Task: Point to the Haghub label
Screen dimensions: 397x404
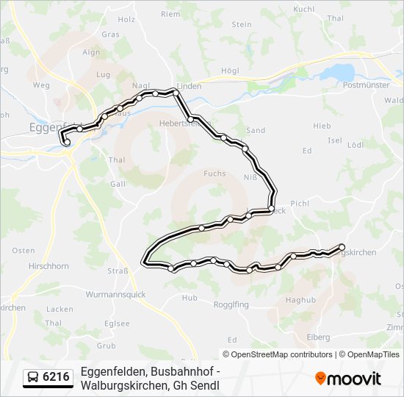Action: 300,300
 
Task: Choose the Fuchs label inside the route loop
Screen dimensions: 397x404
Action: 214,174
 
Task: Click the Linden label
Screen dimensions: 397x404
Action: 190,86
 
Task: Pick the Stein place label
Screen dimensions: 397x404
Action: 242,24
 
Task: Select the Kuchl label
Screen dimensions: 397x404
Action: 303,9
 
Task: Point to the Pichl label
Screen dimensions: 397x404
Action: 300,203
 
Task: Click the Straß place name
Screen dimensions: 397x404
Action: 119,271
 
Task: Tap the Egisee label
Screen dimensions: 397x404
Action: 118,323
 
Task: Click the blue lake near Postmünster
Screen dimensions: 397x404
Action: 336,72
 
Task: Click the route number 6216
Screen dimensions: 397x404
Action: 57,377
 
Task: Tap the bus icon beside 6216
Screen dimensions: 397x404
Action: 33,378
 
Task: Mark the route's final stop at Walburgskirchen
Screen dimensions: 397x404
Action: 342,246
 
